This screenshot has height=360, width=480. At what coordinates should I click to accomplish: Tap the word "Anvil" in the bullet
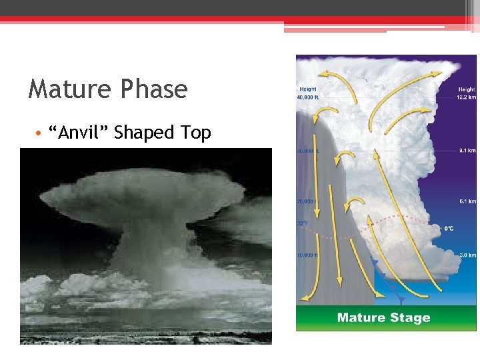pos(83,133)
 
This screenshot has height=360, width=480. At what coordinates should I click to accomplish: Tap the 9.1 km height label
pos(467,151)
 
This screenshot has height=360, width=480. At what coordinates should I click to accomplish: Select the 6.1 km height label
pos(467,201)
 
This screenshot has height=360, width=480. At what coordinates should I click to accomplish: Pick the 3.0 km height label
pos(467,255)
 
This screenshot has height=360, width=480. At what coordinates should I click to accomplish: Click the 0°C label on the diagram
pos(449,229)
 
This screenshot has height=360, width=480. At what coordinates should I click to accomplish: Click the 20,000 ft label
pos(307,201)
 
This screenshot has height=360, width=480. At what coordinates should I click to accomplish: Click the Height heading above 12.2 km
pos(466,89)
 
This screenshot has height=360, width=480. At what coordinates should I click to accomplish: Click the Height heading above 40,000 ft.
pos(308,89)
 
